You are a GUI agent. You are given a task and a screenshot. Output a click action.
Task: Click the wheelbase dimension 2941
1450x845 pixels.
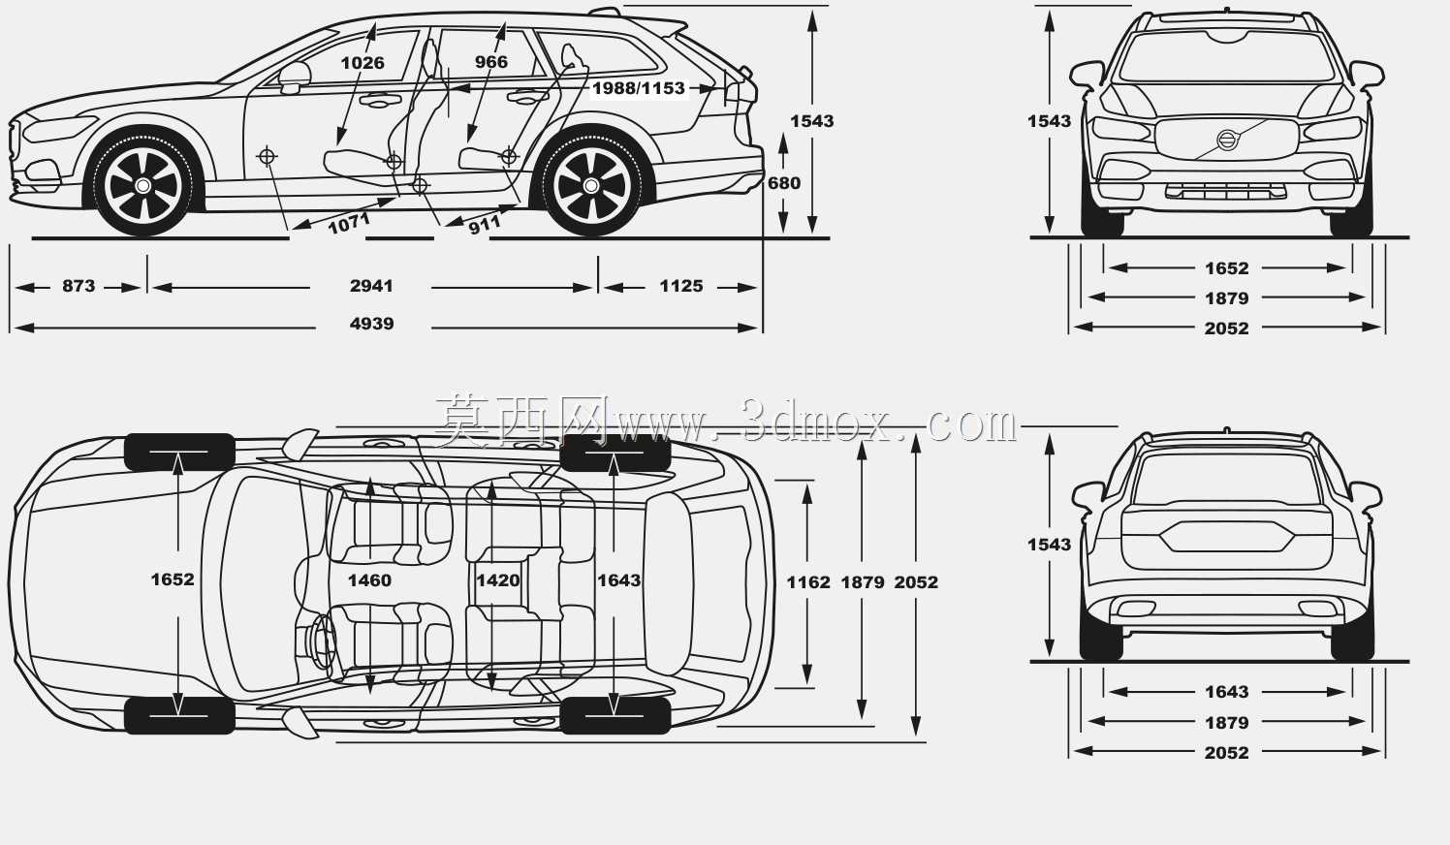point(371,286)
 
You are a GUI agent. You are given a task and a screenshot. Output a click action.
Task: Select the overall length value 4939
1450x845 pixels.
point(371,324)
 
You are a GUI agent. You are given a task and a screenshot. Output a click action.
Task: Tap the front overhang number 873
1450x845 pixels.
point(79,286)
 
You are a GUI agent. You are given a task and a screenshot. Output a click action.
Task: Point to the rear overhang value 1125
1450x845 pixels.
point(681,286)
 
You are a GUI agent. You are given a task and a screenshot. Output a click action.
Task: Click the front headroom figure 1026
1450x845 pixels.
point(362,63)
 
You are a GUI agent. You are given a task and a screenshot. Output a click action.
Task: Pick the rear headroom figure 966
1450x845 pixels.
point(491,62)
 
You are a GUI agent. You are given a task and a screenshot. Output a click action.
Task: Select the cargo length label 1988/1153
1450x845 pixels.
point(639,88)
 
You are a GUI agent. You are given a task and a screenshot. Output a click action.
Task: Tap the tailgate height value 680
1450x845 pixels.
point(784,184)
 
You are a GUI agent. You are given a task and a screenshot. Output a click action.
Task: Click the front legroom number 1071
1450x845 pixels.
point(349,224)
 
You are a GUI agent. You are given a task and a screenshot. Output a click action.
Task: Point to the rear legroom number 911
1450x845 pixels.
point(485,225)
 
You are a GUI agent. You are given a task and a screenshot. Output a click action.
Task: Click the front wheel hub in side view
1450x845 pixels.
point(143,186)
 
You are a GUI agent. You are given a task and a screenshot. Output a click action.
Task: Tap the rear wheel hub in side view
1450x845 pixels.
point(590,186)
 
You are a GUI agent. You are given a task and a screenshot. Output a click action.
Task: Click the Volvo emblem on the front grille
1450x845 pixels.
point(1227,140)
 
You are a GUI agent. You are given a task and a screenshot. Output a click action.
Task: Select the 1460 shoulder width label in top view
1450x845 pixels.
point(369,580)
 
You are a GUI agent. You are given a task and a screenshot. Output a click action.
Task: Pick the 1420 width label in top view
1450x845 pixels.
point(498,580)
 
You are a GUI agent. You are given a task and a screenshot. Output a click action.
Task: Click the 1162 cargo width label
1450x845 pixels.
point(807,582)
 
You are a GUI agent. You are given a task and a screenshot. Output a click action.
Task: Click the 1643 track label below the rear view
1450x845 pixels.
point(1227,692)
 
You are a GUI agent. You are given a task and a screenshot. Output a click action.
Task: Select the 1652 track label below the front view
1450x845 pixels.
point(1227,268)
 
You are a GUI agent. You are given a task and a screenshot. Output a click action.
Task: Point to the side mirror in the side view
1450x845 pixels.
point(295,77)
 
